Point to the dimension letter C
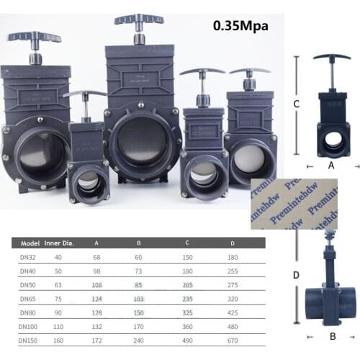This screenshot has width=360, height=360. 297,104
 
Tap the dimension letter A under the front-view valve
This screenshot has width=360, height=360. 330,163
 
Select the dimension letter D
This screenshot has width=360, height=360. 296,274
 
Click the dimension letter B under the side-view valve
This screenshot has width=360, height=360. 331,336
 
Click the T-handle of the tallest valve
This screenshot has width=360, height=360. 138,19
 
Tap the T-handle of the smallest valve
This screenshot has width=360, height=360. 85,94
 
